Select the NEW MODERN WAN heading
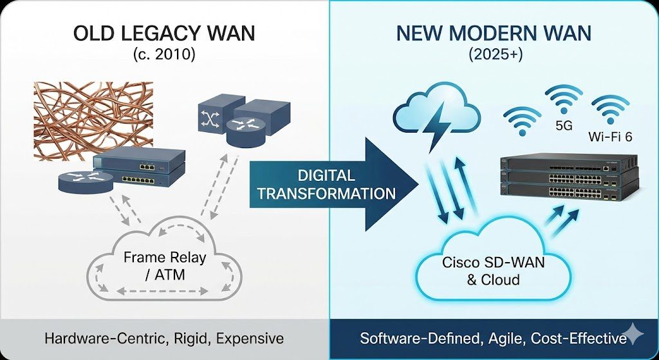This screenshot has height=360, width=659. (494, 33)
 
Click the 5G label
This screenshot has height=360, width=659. (564, 126)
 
